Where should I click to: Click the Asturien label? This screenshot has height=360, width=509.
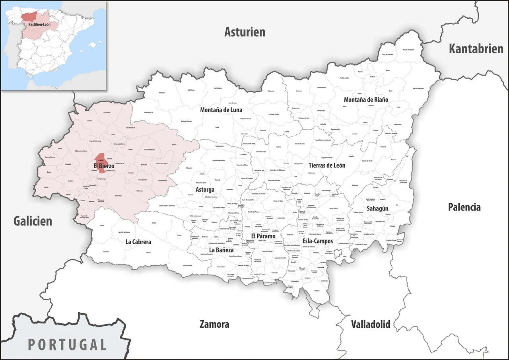pyautogui.click(x=245, y=32)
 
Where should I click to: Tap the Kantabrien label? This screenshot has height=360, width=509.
pyautogui.click(x=476, y=49)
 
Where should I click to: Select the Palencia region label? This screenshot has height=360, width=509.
pyautogui.click(x=464, y=207)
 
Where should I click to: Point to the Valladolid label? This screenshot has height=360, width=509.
pyautogui.click(x=370, y=324)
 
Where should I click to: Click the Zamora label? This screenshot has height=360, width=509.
pyautogui.click(x=214, y=324)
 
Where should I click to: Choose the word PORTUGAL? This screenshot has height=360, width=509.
pyautogui.click(x=68, y=344)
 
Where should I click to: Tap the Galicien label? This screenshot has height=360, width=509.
pyautogui.click(x=33, y=221)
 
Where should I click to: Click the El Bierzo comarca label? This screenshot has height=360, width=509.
pyautogui.click(x=104, y=165)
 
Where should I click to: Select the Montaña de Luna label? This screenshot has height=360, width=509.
pyautogui.click(x=221, y=110)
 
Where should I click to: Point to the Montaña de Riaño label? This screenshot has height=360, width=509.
pyautogui.click(x=366, y=100)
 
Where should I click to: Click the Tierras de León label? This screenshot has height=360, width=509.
pyautogui.click(x=327, y=165)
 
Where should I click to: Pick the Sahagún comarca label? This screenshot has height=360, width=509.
pyautogui.click(x=377, y=208)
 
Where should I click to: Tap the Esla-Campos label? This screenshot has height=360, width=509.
pyautogui.click(x=318, y=241)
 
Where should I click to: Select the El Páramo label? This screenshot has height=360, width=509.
pyautogui.click(x=263, y=236)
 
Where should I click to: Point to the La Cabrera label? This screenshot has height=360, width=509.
pyautogui.click(x=138, y=241)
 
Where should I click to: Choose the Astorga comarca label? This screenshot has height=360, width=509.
pyautogui.click(x=205, y=190)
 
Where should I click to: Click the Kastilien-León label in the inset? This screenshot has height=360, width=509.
pyautogui.click(x=39, y=25)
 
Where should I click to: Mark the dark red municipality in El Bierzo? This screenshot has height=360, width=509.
pyautogui.click(x=101, y=162)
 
